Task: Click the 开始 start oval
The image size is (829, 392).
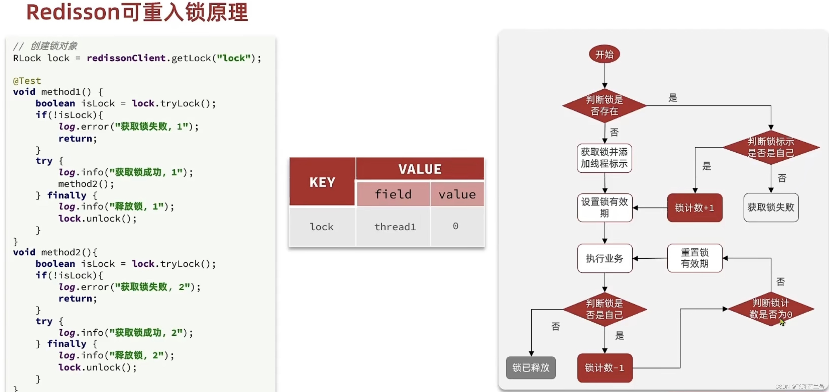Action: [x=604, y=54]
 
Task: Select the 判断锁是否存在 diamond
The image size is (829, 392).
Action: [x=604, y=105]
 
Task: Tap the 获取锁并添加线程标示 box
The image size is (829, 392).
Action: [x=604, y=158]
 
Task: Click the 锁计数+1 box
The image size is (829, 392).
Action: [x=694, y=207]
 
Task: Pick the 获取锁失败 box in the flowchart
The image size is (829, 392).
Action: [x=771, y=207]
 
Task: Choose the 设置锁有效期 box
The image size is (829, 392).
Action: [x=604, y=207]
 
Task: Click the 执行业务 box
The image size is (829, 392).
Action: [x=604, y=258]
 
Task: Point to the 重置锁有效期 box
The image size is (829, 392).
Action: [x=694, y=258]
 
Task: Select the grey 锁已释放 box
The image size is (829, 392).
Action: [x=531, y=367]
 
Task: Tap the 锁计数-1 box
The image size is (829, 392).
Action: [x=604, y=368]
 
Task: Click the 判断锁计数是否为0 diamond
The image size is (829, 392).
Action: [x=770, y=309]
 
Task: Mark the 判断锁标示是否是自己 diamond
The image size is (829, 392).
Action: [x=770, y=147]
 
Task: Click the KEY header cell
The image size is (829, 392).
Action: [x=322, y=182]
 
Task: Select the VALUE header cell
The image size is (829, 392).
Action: [x=420, y=169]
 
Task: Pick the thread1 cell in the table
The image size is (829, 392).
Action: [x=395, y=227]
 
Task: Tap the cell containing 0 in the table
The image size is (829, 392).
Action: [x=455, y=226]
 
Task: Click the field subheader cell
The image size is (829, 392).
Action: [x=393, y=194]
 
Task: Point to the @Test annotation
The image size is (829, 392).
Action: [x=27, y=80]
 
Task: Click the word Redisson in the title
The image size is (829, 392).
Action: [x=73, y=12]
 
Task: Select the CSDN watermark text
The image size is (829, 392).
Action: [x=799, y=386]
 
